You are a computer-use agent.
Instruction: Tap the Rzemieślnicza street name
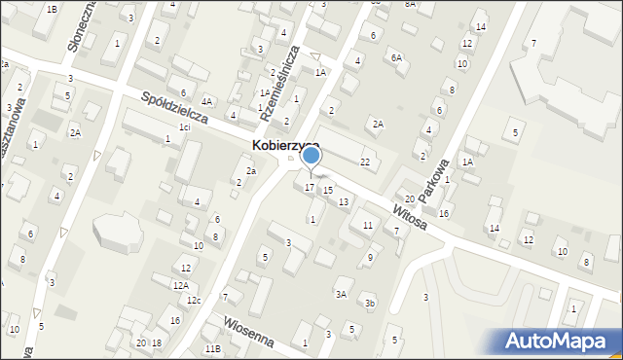click(278, 85)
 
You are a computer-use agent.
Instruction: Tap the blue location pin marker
click(311, 156)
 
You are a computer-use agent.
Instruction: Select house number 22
click(365, 162)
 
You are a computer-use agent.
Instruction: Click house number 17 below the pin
click(310, 187)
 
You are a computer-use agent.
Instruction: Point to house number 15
click(328, 191)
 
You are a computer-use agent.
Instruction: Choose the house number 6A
click(396, 57)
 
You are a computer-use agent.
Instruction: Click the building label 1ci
click(183, 127)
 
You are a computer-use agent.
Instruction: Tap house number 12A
click(181, 285)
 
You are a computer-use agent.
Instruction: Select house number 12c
click(194, 300)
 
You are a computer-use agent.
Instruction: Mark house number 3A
click(341, 294)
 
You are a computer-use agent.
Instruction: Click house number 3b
click(370, 304)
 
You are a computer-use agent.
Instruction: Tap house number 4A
click(206, 101)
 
